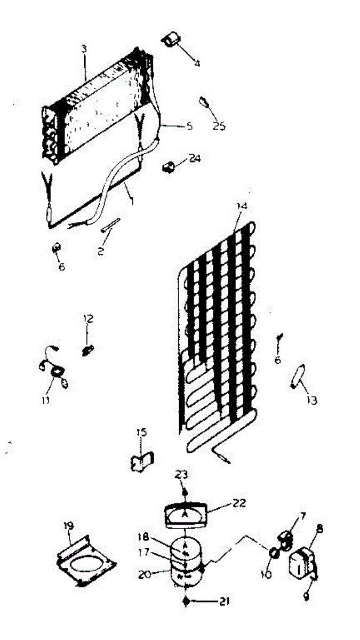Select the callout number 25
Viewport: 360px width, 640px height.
(219, 126)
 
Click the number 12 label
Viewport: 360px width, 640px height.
(88, 319)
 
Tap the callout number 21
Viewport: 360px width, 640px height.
(224, 602)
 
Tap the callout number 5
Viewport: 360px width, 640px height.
(188, 126)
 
